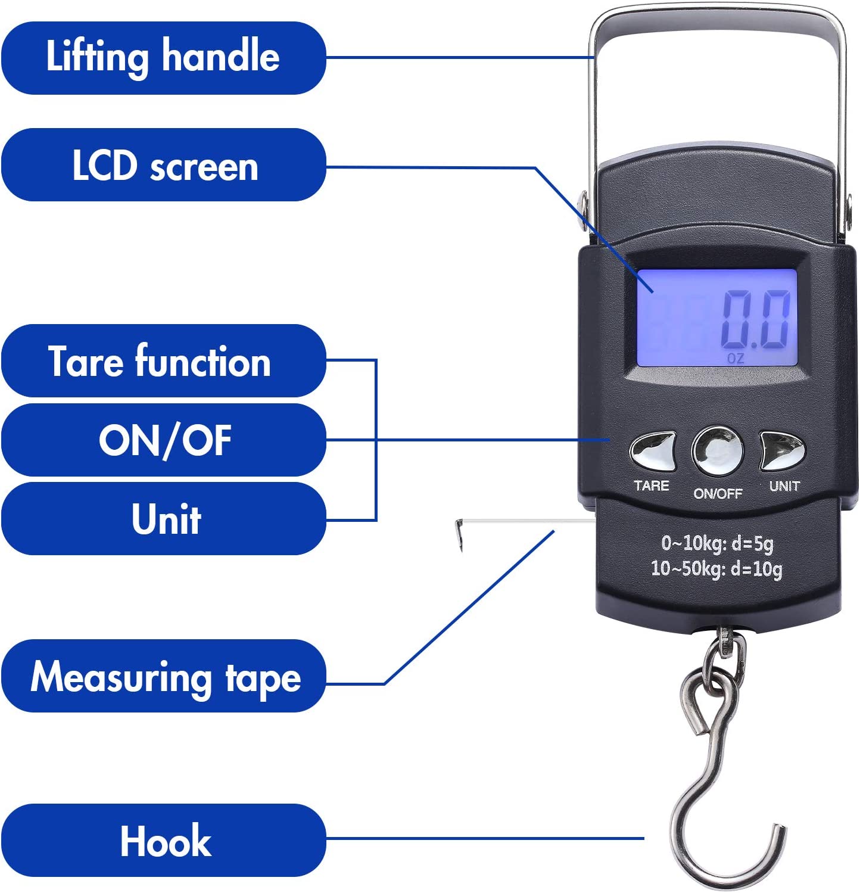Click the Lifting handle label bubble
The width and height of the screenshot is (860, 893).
tap(164, 58)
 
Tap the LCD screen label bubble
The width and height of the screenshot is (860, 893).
tap(164, 165)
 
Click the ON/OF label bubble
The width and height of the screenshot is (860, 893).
tap(164, 440)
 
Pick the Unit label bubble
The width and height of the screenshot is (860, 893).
tap(164, 519)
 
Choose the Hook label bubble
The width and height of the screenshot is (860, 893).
tap(164, 841)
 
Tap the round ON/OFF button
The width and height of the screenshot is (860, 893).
tap(718, 450)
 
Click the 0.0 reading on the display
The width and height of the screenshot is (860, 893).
tap(756, 321)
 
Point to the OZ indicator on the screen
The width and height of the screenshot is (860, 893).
tap(736, 359)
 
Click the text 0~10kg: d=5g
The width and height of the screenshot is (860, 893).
tap(717, 543)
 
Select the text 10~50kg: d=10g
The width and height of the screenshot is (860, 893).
tap(716, 569)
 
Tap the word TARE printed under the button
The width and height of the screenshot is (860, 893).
tap(652, 486)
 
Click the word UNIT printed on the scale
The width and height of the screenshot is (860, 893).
tap(784, 486)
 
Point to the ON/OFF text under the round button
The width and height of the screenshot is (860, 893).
tap(718, 493)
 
